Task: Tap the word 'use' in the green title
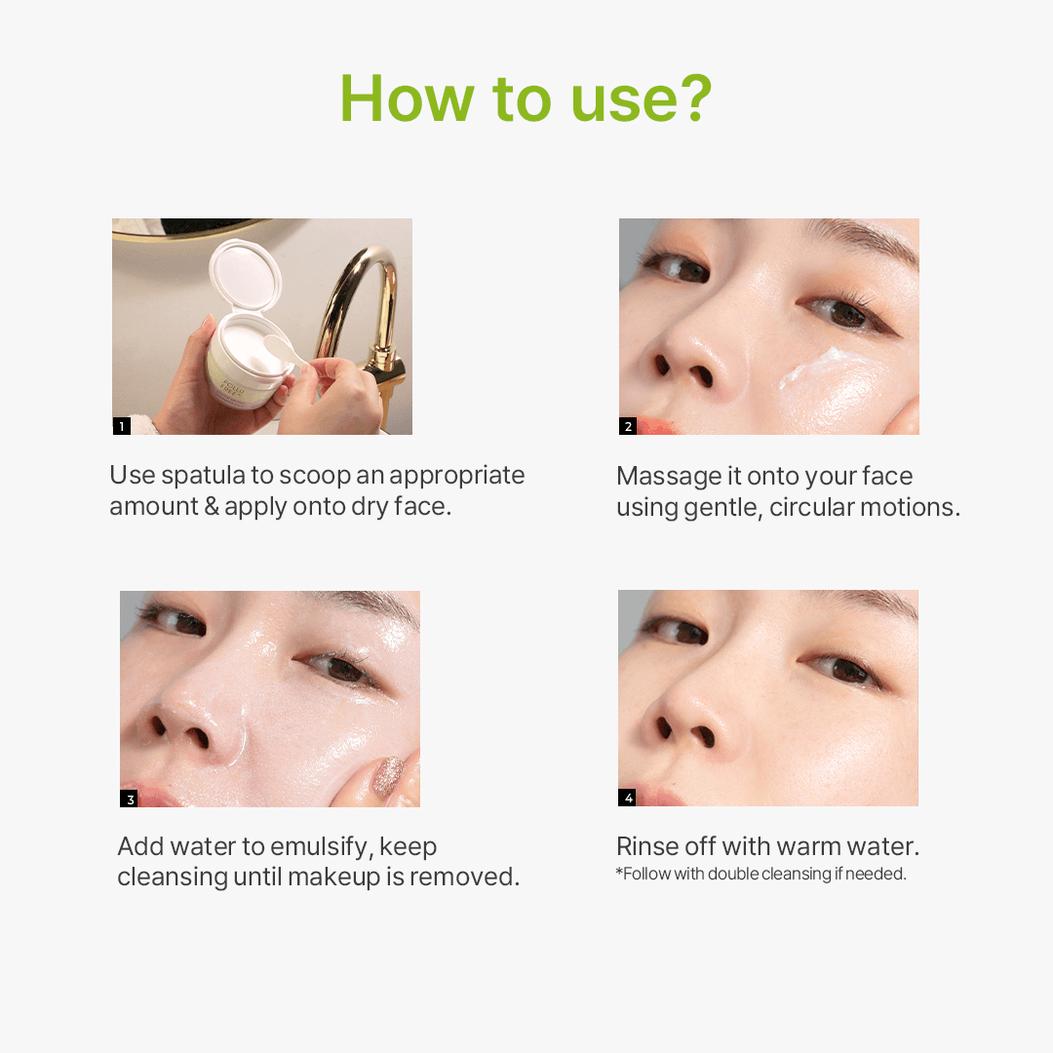coord(625,104)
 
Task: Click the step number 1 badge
coord(122,426)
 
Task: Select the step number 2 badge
coord(628,426)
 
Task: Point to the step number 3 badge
coord(129,799)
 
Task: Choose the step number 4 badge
coord(627,798)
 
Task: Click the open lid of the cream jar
coord(245,275)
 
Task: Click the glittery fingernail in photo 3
coord(387,776)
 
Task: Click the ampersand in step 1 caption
coord(212,506)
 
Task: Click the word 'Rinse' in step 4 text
coord(647,847)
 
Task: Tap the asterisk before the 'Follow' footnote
coord(619,872)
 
